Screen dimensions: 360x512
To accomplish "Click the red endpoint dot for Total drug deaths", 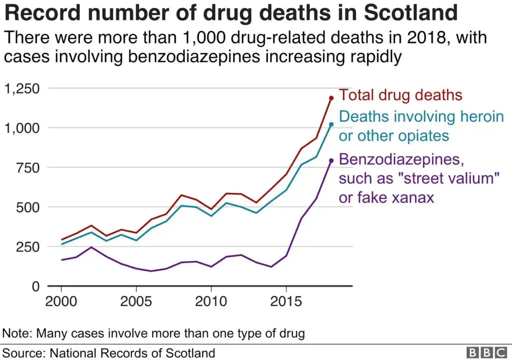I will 331,98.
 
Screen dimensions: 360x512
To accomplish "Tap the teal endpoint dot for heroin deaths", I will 331,124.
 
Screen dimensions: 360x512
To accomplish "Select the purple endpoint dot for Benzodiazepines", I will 331,160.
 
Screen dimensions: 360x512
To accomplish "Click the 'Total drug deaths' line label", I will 400,95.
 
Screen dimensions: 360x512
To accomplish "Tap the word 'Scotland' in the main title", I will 410,13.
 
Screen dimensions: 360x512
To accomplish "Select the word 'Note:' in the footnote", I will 17,333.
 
